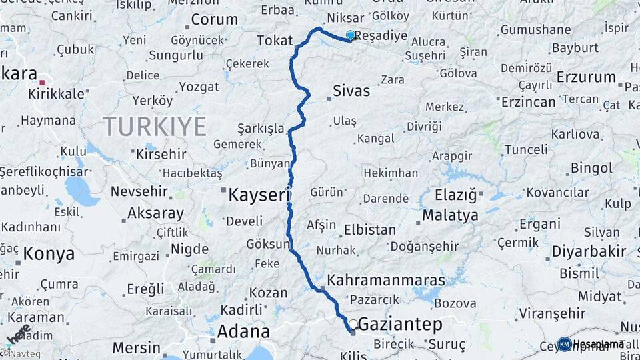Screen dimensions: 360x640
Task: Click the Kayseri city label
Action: coord(259,195)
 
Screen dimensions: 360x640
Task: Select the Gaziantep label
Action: coord(400,324)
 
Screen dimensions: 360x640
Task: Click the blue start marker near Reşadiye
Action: coord(351,35)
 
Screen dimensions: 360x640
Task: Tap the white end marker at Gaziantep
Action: coord(353,323)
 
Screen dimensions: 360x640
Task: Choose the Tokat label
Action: coord(275,41)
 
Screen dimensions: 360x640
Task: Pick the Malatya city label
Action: coord(450,215)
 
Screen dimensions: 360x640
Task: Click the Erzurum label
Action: coord(587,77)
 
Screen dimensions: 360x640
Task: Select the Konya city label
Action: coord(49,253)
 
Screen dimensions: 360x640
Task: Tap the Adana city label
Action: coord(243,331)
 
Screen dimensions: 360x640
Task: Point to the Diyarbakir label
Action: coord(589,251)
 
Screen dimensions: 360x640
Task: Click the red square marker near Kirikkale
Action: coord(42,83)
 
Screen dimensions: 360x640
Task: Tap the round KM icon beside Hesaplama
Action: coord(564,344)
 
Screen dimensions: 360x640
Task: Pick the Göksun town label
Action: coord(268,244)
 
